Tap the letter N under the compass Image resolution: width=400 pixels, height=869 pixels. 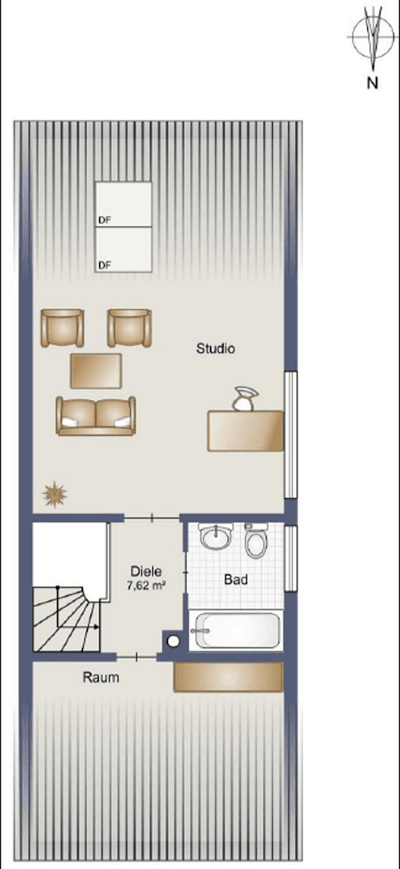(x=372, y=82)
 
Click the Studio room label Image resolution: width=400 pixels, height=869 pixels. (x=216, y=348)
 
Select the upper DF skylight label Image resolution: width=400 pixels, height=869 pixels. (x=104, y=219)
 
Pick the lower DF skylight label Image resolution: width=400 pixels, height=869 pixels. (x=104, y=264)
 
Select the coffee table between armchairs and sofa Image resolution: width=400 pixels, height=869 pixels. (x=97, y=370)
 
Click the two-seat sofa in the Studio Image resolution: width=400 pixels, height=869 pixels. (x=95, y=414)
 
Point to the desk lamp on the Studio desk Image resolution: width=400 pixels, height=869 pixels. (x=242, y=399)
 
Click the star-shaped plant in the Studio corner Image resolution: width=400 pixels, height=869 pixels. (x=54, y=492)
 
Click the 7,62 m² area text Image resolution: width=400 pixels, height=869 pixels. (x=146, y=586)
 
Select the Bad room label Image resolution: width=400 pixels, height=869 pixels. (x=236, y=579)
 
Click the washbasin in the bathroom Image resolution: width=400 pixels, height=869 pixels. (x=216, y=537)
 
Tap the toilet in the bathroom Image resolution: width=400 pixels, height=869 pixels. (x=257, y=541)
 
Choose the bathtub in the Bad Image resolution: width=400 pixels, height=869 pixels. (x=235, y=631)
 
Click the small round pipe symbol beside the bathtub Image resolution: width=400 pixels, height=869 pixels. (x=173, y=641)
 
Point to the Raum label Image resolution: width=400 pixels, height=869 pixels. (x=101, y=677)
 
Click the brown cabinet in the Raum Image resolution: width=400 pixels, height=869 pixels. (x=229, y=677)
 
